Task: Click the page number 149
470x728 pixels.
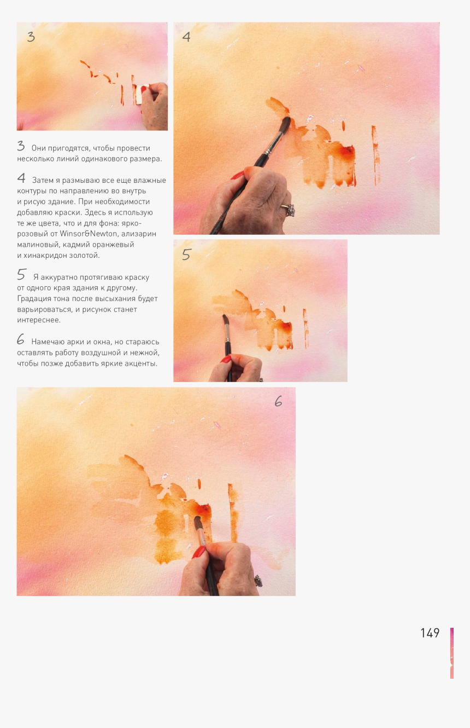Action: [x=430, y=633]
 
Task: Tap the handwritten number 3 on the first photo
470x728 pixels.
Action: [x=31, y=37]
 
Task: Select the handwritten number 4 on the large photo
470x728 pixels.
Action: [x=186, y=37]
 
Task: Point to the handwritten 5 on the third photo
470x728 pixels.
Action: [x=187, y=255]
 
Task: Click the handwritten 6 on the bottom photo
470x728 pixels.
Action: [x=278, y=402]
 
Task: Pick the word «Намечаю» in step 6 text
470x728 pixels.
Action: [x=47, y=342]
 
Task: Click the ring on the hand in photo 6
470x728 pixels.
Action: [x=258, y=580]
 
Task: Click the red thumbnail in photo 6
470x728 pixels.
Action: [x=198, y=552]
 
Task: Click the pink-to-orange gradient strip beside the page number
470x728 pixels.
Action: [x=452, y=653]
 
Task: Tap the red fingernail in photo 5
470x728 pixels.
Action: [x=226, y=359]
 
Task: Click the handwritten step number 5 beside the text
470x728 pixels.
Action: [x=21, y=275]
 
